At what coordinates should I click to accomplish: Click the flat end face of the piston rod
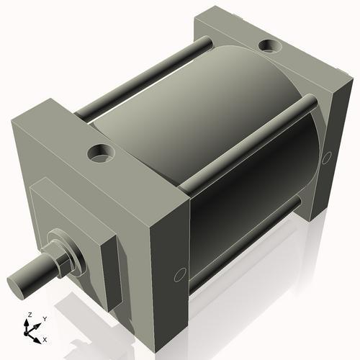point(19,280)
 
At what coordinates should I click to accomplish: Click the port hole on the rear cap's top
point(272,46)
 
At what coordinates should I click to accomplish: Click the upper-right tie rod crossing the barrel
point(245,144)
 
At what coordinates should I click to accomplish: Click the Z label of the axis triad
point(29,315)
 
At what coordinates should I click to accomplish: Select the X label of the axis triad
point(45,338)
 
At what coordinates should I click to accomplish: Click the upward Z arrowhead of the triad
point(28,323)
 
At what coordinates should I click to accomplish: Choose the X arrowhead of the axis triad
point(38,336)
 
